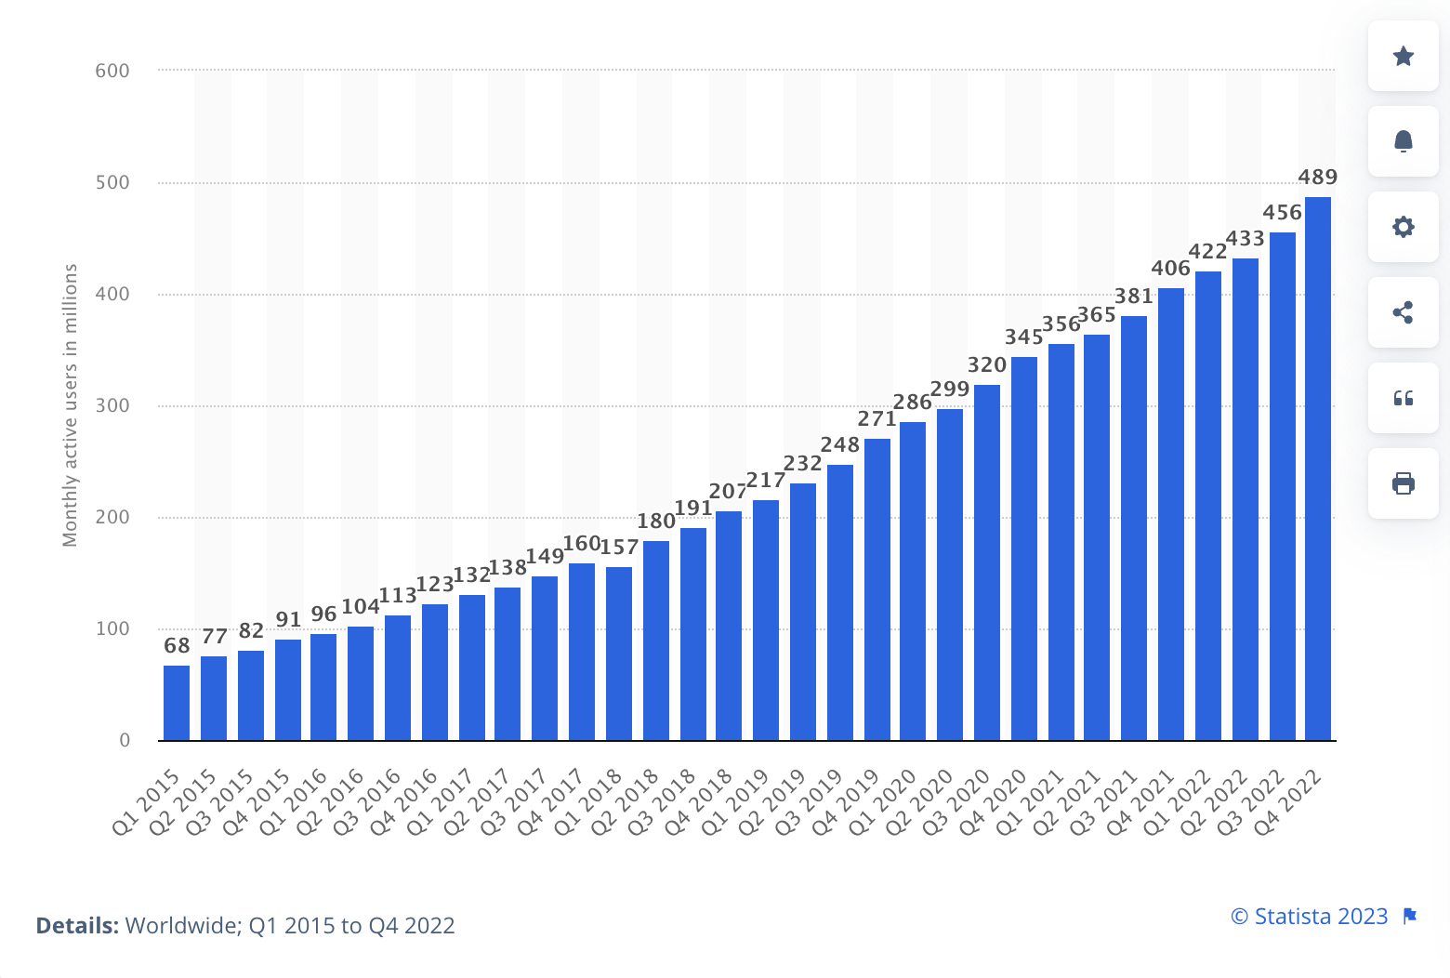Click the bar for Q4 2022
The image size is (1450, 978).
[x=1317, y=469]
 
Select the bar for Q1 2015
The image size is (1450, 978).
[x=177, y=703]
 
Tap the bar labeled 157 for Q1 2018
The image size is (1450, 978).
[x=619, y=654]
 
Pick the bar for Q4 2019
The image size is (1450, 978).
[x=877, y=589]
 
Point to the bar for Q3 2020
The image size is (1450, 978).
[x=987, y=562]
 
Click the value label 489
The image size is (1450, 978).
[x=1317, y=178]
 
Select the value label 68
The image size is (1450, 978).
[x=177, y=646]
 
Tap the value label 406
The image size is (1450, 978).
[x=1170, y=269]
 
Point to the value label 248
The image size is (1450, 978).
[x=839, y=445]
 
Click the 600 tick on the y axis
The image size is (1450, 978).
[x=112, y=71]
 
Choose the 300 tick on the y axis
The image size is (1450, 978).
[x=112, y=405]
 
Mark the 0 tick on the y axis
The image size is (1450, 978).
[x=125, y=741]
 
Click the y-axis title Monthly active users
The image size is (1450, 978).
[x=70, y=405]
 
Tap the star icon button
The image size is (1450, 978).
[x=1403, y=56]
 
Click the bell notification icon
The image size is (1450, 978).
[x=1403, y=141]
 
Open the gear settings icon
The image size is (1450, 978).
[x=1403, y=227]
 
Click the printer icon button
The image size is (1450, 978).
[x=1403, y=483]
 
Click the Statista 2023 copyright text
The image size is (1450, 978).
[x=1309, y=917]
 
